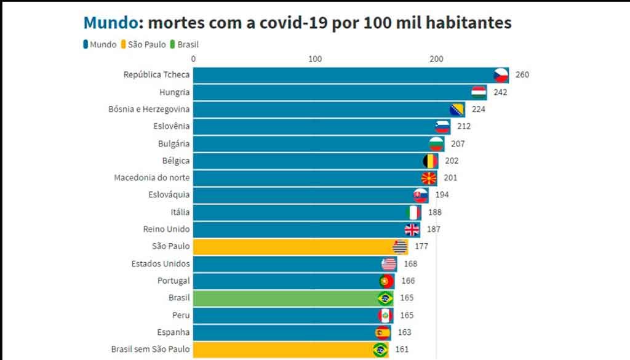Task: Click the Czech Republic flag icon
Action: [501, 75]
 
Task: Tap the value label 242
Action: [500, 92]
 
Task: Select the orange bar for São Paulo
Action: [295, 247]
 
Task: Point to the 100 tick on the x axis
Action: [315, 59]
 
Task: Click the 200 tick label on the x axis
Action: [436, 59]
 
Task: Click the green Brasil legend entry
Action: [188, 44]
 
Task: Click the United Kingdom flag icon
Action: [412, 230]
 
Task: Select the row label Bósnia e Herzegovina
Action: [150, 110]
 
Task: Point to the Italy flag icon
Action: [414, 212]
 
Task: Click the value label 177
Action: [421, 247]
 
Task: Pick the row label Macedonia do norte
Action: [152, 178]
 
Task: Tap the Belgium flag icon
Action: [431, 161]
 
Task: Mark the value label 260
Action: [522, 75]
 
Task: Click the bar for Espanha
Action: [283, 332]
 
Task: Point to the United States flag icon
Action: [389, 264]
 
